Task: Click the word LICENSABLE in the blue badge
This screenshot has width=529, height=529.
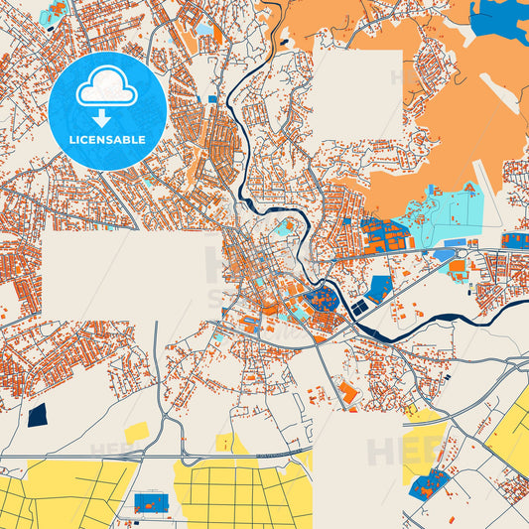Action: pos(107,140)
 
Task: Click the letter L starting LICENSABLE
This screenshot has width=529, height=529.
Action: pos(72,140)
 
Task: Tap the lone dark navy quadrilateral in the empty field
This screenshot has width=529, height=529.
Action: pos(38,414)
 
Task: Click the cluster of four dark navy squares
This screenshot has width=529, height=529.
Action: pos(357,309)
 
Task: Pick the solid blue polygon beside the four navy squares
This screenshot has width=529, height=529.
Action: pos(379,289)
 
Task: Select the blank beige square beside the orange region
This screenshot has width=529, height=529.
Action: pos(357,94)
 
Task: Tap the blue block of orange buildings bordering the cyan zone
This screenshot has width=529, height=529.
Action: pos(384,236)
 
